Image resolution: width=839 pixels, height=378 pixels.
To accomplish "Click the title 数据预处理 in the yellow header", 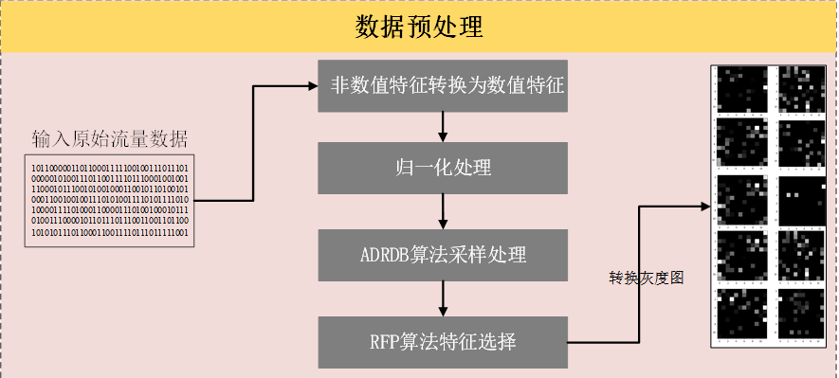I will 420,27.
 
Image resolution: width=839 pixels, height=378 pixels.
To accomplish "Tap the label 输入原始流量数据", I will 109,139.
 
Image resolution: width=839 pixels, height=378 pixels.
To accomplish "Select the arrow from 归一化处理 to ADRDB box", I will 443,213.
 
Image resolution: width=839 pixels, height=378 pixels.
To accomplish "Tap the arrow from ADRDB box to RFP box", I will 443,297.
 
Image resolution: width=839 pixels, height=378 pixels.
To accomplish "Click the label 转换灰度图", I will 646,279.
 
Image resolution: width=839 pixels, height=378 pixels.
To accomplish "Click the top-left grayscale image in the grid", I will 741,90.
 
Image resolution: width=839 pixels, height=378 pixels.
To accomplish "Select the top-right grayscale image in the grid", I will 802,90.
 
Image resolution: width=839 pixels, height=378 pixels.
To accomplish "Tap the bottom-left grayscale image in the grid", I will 741,312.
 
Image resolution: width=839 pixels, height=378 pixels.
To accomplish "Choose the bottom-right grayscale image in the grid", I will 802,312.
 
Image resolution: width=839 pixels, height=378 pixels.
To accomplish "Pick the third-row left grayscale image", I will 741,200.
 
